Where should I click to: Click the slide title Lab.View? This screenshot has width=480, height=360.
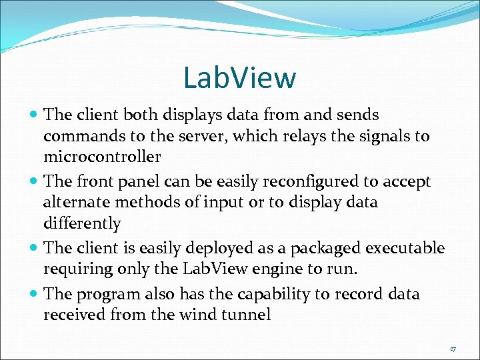coord(239,77)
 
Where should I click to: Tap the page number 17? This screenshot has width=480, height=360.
coord(453,349)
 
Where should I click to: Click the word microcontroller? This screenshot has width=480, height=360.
coord(102,157)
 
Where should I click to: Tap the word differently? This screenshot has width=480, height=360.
coord(82,223)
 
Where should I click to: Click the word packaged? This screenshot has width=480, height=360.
coord(313,249)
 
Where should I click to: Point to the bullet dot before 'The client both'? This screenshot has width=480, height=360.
coord(34,115)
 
